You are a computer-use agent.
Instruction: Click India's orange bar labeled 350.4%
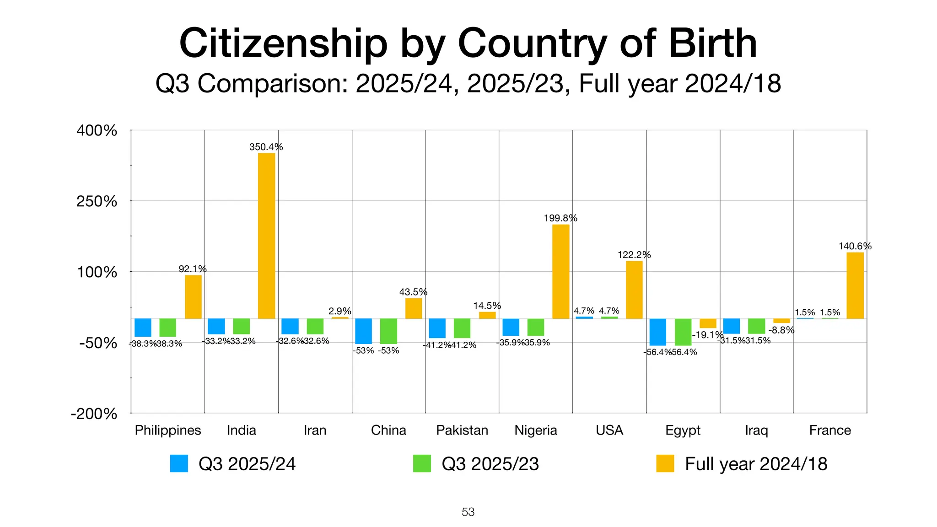266,236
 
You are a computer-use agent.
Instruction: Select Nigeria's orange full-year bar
560,271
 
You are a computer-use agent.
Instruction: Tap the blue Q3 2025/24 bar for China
363,331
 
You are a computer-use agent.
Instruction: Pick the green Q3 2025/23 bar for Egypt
683,332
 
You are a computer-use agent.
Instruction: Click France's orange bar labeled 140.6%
855,285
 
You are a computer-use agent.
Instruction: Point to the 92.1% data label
193,269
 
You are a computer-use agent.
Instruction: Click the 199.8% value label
560,218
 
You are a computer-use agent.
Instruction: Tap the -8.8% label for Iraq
781,330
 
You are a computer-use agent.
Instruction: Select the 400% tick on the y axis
97,130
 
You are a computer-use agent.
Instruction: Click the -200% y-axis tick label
94,414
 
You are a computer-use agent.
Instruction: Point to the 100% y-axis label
97,272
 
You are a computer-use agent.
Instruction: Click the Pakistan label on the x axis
462,430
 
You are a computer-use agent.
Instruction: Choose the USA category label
609,430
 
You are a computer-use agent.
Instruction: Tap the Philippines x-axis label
168,430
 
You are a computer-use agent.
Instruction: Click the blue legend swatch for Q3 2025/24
179,463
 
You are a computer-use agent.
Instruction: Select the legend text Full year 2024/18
756,464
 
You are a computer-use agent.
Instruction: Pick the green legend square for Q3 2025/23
422,463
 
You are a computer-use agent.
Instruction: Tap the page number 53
468,512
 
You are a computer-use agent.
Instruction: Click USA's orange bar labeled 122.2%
634,290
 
